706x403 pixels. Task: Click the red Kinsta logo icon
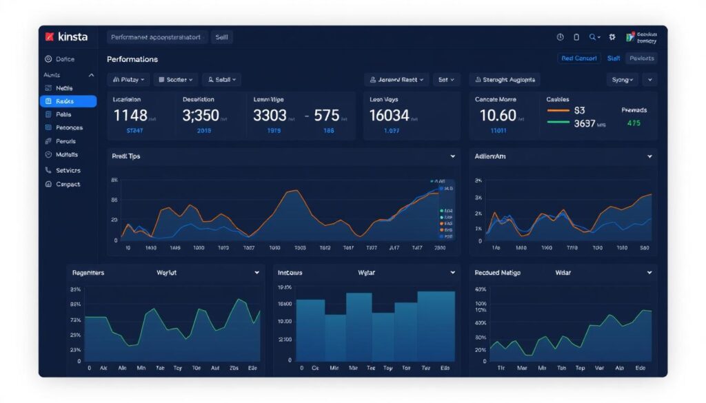point(49,37)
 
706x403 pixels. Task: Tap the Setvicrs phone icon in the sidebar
point(48,170)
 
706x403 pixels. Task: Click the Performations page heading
point(132,59)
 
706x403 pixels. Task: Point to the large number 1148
point(131,115)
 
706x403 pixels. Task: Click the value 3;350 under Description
point(201,115)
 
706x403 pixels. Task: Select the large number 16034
point(389,115)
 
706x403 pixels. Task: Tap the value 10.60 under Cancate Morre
point(497,115)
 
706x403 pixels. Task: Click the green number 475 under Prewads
point(633,123)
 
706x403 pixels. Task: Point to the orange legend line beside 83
point(558,110)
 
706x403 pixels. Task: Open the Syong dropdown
point(622,80)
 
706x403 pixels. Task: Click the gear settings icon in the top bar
point(612,37)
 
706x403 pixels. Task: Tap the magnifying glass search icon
point(592,37)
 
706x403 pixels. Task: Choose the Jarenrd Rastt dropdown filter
point(396,80)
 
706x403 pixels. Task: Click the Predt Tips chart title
point(125,156)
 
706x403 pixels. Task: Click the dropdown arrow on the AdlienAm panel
point(649,157)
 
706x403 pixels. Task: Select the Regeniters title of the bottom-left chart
point(88,273)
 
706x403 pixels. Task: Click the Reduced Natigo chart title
point(497,273)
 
